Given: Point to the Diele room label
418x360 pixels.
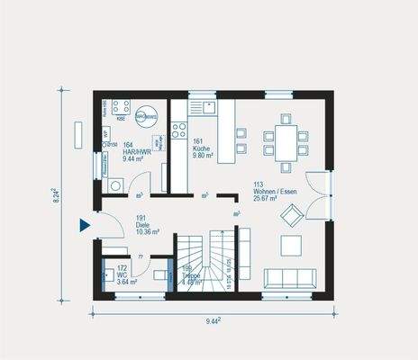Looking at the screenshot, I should point(147,225).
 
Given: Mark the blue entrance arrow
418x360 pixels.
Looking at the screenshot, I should point(85,225).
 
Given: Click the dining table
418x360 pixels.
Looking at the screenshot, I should point(285,141).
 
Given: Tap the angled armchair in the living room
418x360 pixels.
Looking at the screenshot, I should point(293,215).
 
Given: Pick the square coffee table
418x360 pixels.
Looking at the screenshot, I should point(292,245).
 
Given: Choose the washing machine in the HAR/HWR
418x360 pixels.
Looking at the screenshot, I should point(116,184).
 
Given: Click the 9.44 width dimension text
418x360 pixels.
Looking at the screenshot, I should point(214,321).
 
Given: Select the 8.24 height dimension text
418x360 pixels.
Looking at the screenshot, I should point(55,197).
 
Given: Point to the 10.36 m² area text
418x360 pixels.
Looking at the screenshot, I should point(147,231).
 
